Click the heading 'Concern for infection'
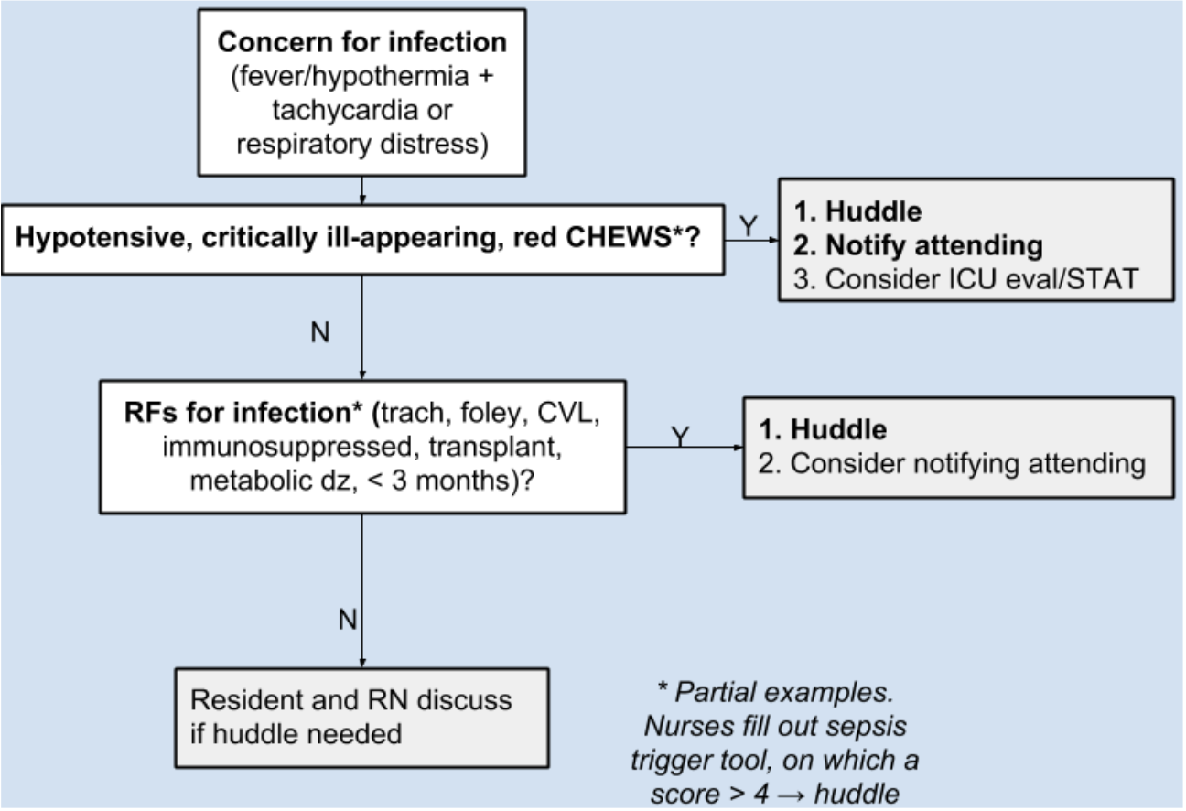(362, 42)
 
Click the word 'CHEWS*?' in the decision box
(632, 236)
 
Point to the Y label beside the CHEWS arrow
(749, 226)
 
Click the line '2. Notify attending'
(918, 245)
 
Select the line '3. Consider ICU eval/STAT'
(965, 279)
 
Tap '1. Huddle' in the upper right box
(857, 211)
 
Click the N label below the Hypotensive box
(319, 332)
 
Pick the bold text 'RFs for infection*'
(243, 412)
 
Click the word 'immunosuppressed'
(287, 447)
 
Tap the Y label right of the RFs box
(680, 436)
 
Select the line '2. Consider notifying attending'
(952, 463)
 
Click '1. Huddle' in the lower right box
(823, 429)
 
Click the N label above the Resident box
(348, 620)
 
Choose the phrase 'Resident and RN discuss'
(351, 699)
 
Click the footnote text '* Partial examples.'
(775, 692)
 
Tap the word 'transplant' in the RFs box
(494, 447)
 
